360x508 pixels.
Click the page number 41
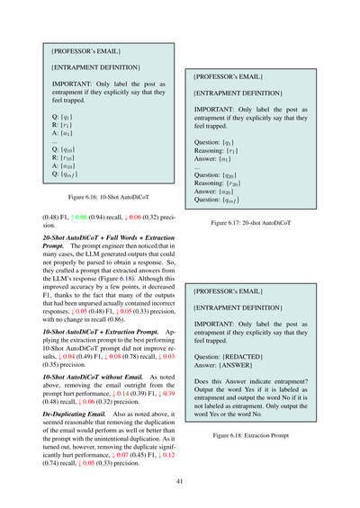tap(180, 481)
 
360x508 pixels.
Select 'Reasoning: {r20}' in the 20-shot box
tap(225, 182)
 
